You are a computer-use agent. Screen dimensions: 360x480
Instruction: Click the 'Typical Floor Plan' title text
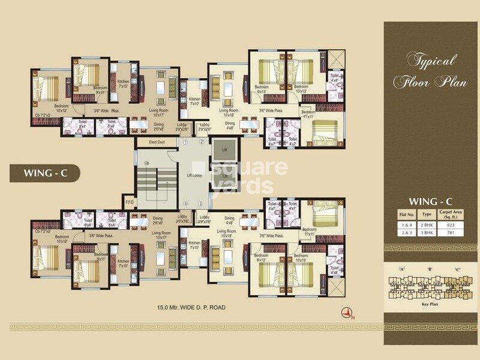point(430,71)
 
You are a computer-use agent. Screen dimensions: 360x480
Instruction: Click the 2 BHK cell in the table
point(427,224)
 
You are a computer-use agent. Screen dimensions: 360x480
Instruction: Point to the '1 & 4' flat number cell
point(405,224)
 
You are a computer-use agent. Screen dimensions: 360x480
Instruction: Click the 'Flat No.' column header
point(405,214)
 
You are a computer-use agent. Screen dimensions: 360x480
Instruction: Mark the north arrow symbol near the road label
point(346,311)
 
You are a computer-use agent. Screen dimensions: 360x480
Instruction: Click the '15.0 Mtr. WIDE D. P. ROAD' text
point(191,307)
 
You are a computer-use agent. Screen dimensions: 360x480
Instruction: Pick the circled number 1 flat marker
point(186,142)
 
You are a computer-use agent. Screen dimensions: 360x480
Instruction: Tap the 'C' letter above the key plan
point(457,269)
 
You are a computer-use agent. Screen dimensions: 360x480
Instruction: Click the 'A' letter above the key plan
point(400,269)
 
